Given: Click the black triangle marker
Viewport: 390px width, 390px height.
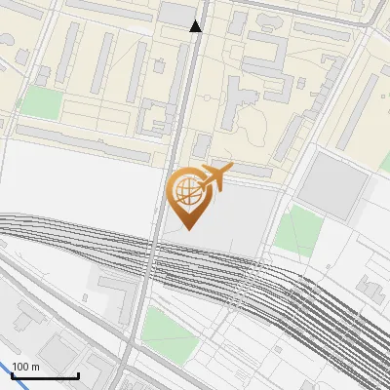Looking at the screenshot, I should click(x=196, y=26).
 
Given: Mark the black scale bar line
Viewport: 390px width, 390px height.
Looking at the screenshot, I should click(x=45, y=375).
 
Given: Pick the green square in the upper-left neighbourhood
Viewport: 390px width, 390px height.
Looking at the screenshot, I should click(x=40, y=101).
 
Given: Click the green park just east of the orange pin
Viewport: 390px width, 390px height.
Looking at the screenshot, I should click(x=297, y=232).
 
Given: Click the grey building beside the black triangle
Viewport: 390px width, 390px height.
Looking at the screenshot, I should click(x=176, y=13).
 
